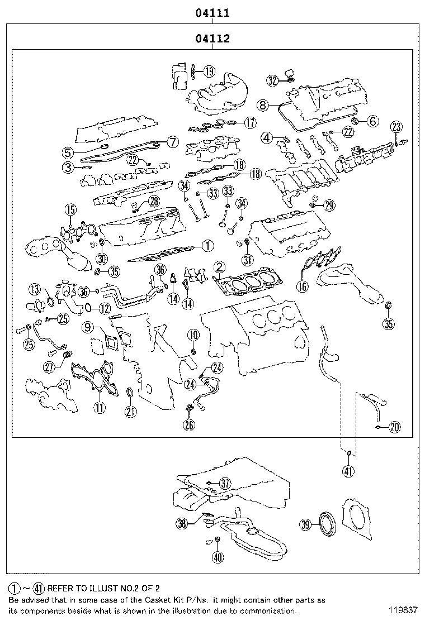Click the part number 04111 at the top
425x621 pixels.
click(x=212, y=13)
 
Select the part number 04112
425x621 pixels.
click(x=212, y=39)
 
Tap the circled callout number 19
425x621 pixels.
click(x=209, y=71)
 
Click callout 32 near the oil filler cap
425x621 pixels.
click(x=272, y=81)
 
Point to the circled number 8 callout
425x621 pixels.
click(x=262, y=106)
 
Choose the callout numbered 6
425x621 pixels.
click(x=373, y=121)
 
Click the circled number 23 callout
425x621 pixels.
click(x=396, y=127)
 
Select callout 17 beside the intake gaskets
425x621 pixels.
click(x=250, y=123)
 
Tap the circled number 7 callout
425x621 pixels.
click(x=173, y=142)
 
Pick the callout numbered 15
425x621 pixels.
click(x=71, y=210)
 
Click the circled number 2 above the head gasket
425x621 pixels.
click(x=220, y=267)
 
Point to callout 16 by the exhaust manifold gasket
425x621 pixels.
click(x=303, y=286)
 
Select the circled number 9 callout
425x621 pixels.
click(x=88, y=327)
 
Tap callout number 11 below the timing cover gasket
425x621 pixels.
click(x=100, y=407)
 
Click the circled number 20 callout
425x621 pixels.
click(x=394, y=427)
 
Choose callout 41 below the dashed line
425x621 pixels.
click(x=348, y=471)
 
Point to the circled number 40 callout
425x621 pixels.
click(x=218, y=558)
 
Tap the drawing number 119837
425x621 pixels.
click(x=403, y=611)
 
